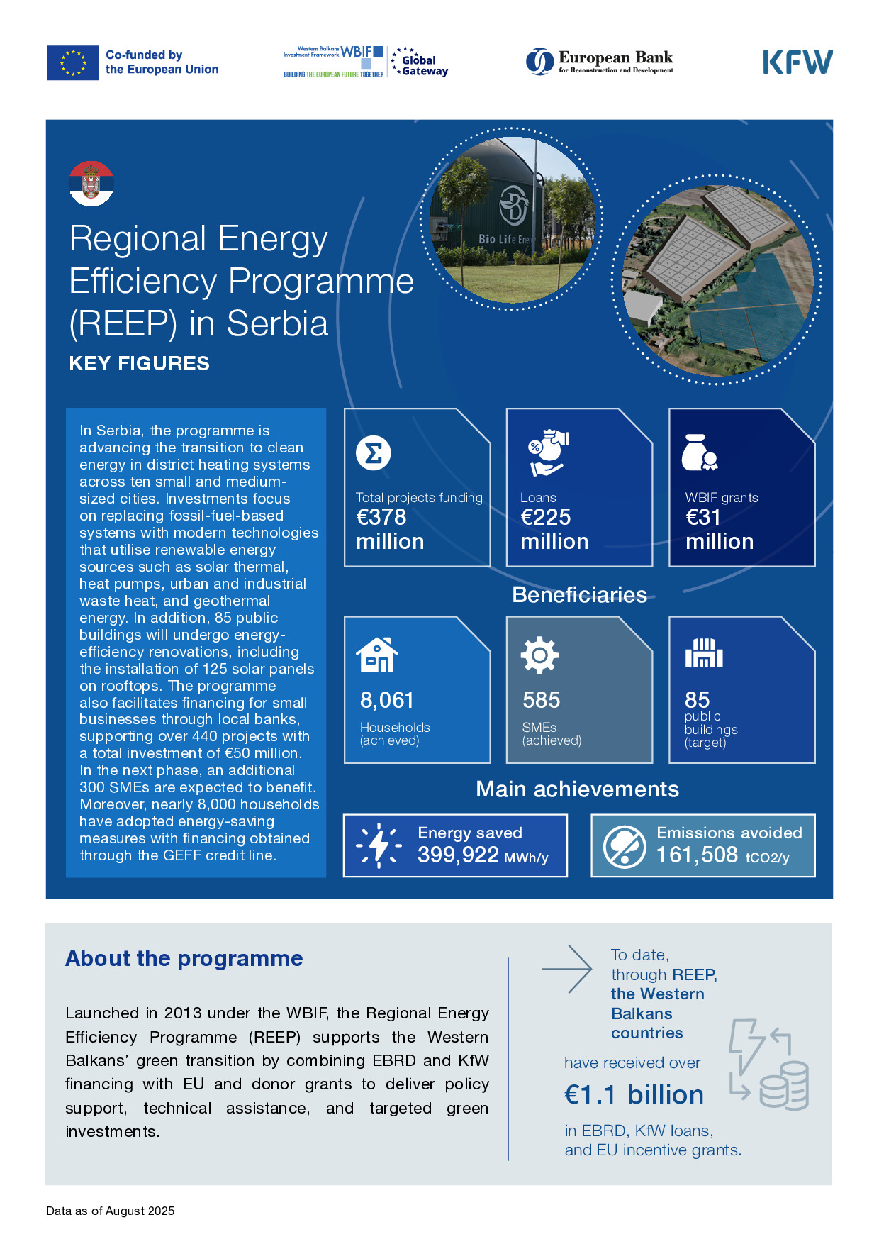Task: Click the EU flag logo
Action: [x=73, y=62]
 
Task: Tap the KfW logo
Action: [x=797, y=62]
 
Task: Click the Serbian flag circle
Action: [x=91, y=184]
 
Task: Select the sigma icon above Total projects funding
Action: [x=374, y=452]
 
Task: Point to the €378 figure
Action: [x=381, y=517]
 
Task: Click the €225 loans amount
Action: [x=546, y=517]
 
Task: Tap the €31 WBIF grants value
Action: [x=703, y=517]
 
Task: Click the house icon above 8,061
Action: [x=376, y=655]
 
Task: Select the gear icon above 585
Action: [x=539, y=655]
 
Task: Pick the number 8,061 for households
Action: [x=387, y=700]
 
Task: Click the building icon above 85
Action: [x=703, y=653]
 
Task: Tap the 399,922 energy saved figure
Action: [x=458, y=855]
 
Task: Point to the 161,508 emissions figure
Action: [x=697, y=855]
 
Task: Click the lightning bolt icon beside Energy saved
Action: [x=379, y=845]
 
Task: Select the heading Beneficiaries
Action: [x=579, y=594]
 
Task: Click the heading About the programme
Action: [x=184, y=958]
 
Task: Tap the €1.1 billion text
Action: [x=634, y=1094]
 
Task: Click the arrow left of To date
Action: [x=567, y=968]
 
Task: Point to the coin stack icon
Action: [x=784, y=1085]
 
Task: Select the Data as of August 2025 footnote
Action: [x=111, y=1211]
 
